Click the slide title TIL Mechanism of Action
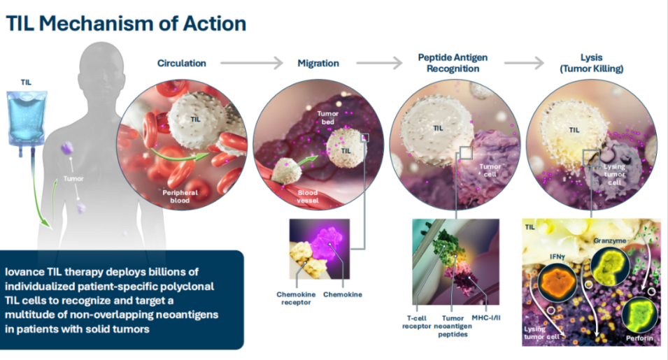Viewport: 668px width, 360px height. pos(126,23)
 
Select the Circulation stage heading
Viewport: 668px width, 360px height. pos(182,64)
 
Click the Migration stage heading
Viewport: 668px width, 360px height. pos(318,64)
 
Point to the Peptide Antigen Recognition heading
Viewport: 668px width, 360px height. pos(453,63)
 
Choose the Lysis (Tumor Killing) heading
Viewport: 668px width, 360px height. pos(591,63)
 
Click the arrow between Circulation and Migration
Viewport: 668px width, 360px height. pos(252,63)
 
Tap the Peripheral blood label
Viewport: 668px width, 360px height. pos(180,196)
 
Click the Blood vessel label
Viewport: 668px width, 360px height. pos(308,196)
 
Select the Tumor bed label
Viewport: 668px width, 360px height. pos(327,118)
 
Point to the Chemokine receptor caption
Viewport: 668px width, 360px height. pos(296,298)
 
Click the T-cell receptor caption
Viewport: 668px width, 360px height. pos(417,322)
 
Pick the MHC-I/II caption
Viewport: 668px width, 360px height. pos(486,318)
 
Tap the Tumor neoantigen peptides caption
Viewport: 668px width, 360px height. pos(453,326)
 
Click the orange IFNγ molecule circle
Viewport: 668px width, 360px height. pos(557,282)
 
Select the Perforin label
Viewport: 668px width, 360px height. pos(639,338)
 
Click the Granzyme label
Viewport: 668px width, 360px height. pos(610,241)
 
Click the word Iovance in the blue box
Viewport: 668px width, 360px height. pos(24,272)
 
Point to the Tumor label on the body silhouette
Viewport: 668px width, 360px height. pos(73,179)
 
